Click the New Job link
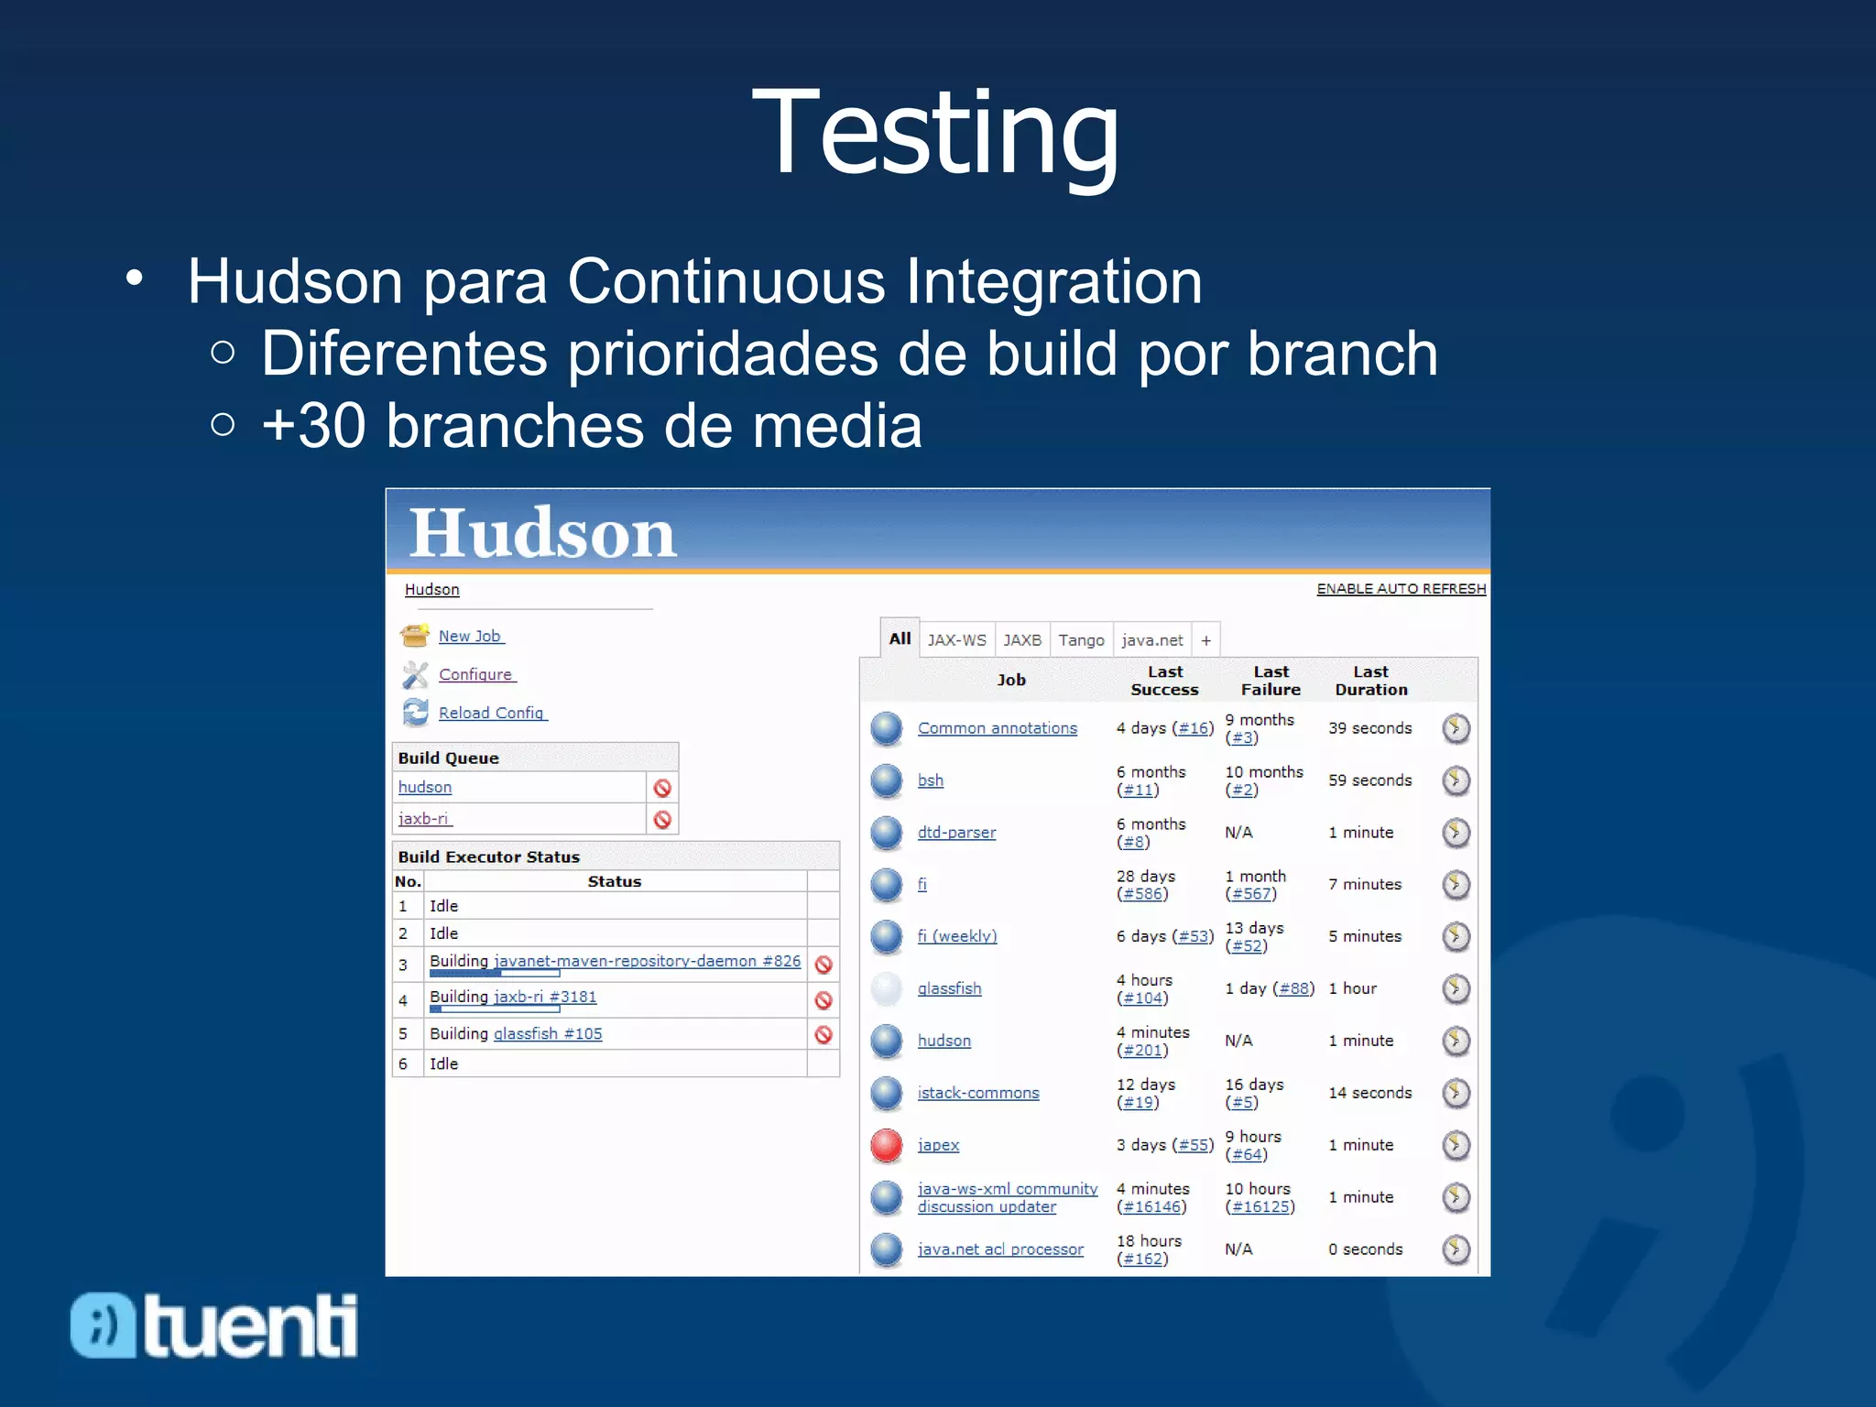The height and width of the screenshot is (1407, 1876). (470, 636)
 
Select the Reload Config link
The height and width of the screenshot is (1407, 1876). (491, 713)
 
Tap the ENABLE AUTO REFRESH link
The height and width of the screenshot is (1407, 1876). (1401, 589)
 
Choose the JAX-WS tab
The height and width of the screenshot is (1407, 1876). (956, 640)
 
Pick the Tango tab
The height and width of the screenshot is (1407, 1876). (1081, 640)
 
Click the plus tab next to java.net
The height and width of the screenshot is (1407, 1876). (1206, 640)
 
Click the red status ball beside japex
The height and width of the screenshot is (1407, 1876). (887, 1145)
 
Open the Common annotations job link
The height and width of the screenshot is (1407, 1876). (998, 728)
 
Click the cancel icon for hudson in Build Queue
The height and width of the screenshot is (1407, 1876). (662, 788)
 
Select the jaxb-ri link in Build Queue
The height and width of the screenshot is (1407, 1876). (423, 819)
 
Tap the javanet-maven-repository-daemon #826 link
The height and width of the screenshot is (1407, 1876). (647, 961)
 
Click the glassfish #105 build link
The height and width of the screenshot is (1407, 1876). (548, 1033)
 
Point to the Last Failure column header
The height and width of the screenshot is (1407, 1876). (1271, 681)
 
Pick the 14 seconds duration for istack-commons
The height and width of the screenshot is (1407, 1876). (1369, 1093)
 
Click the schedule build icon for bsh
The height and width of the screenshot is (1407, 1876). (1456, 780)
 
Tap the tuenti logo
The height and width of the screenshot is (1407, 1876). (214, 1325)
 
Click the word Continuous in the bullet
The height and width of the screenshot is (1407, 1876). (726, 281)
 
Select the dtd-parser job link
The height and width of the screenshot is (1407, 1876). (956, 833)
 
